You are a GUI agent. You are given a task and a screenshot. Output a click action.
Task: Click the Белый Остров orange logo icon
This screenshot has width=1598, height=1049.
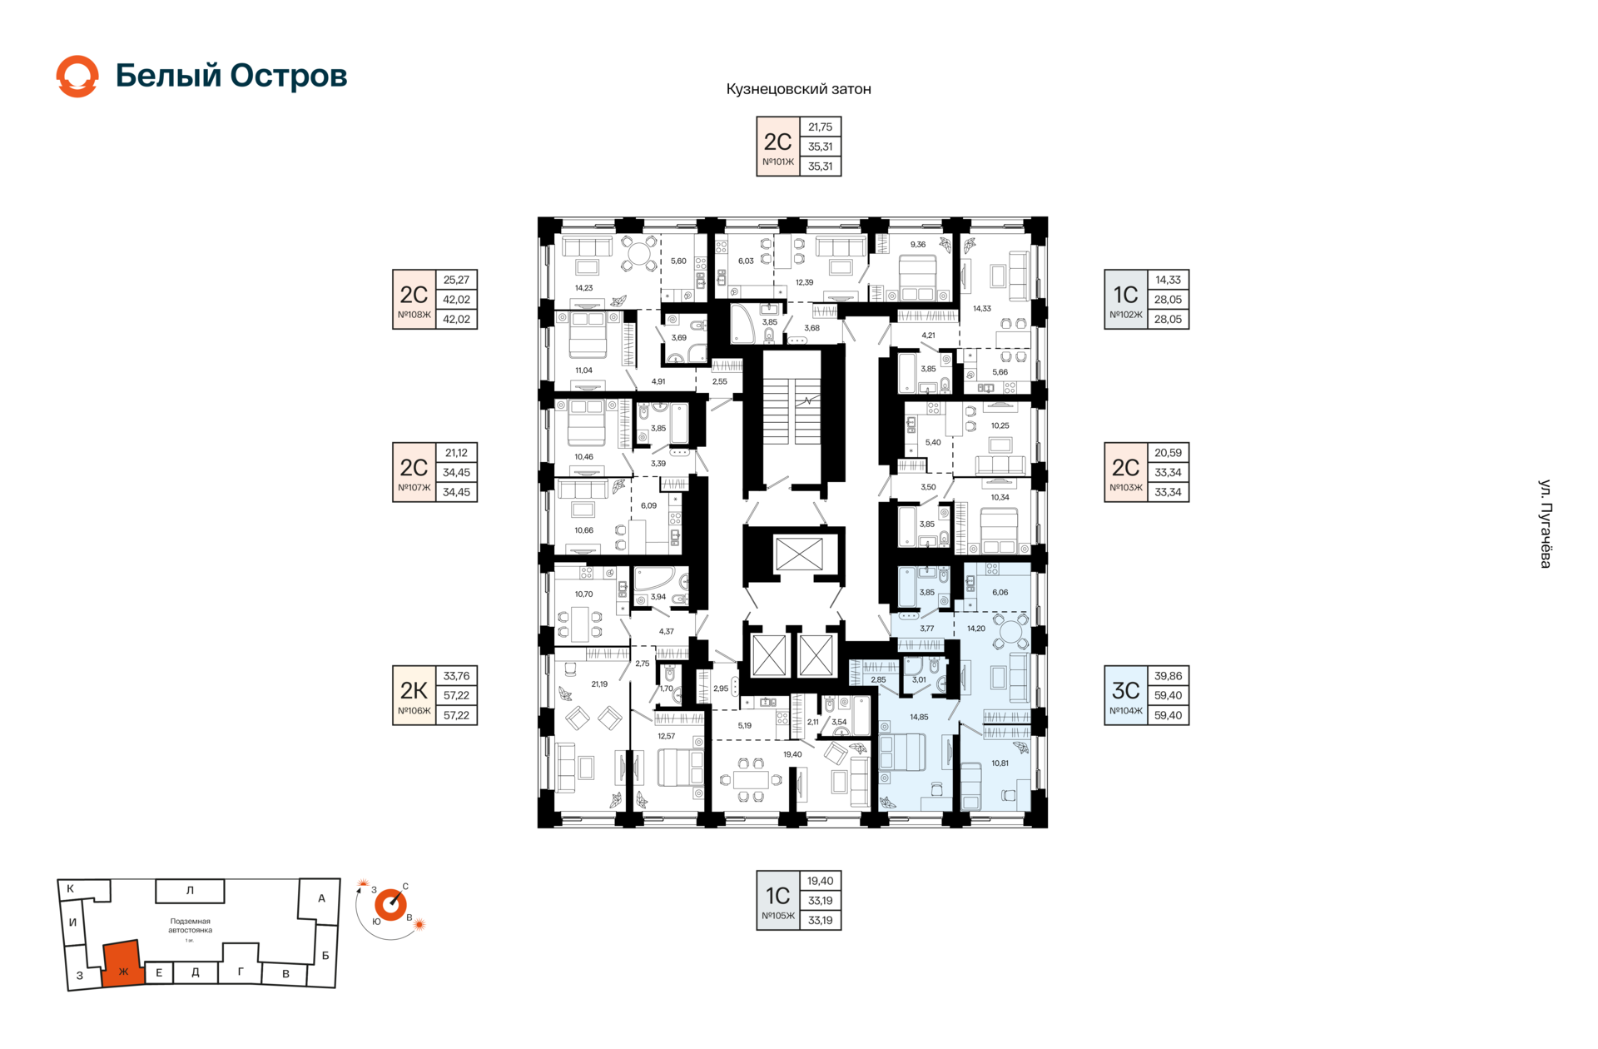click(x=77, y=77)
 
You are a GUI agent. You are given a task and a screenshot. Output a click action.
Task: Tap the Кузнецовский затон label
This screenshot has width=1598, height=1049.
click(x=798, y=89)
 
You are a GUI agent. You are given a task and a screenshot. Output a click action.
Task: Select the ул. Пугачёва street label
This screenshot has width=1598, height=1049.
click(x=1545, y=524)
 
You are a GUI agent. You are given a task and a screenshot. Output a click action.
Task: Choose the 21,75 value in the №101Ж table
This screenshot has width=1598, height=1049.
click(x=820, y=127)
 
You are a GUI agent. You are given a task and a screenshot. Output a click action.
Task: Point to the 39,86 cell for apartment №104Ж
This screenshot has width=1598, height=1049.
click(x=1168, y=676)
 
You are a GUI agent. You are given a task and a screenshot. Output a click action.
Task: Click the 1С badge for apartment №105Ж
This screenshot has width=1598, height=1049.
click(x=778, y=900)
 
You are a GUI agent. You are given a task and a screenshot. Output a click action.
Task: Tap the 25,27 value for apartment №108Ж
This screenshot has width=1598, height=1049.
click(x=456, y=280)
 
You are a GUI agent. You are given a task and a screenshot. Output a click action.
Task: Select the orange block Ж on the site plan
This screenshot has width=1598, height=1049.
click(x=122, y=964)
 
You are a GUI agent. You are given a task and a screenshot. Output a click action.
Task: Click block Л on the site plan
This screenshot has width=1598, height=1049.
click(x=190, y=891)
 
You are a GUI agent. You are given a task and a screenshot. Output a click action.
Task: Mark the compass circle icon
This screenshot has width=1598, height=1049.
click(x=390, y=905)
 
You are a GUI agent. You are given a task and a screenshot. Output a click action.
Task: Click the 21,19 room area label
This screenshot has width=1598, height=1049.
click(x=599, y=684)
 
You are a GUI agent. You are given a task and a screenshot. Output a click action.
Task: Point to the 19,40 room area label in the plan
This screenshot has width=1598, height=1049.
click(x=792, y=754)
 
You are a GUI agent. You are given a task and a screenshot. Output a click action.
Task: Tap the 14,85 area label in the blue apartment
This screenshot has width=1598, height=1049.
click(x=919, y=717)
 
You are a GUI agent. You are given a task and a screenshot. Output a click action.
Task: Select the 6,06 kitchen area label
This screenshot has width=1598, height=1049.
click(x=1000, y=593)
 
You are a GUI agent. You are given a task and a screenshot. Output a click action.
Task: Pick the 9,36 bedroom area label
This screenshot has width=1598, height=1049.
click(x=918, y=245)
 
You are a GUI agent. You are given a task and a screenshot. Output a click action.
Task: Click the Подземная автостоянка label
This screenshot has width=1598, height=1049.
click(x=190, y=926)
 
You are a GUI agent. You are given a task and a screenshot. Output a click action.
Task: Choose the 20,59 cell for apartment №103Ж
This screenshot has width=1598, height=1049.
click(x=1168, y=453)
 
